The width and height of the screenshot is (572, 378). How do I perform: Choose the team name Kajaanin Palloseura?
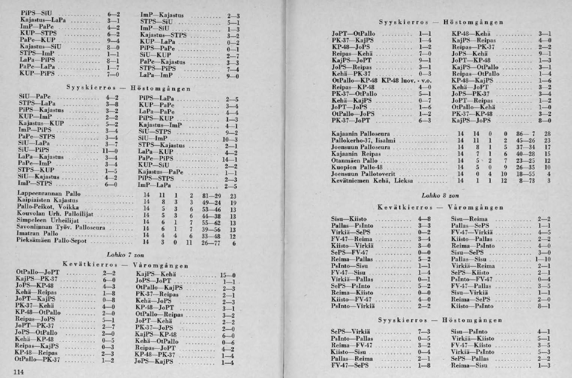click(x=363, y=134)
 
